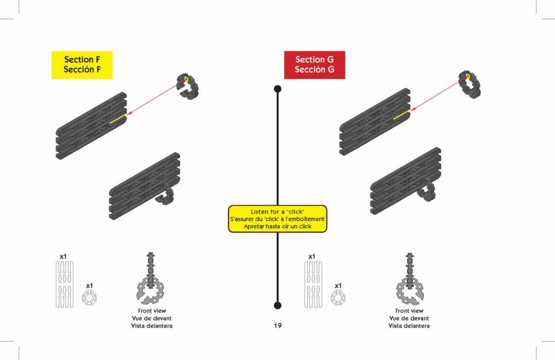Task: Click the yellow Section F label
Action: (82, 65)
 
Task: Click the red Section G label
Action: (314, 65)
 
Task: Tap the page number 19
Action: (277, 326)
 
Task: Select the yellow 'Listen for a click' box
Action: (277, 219)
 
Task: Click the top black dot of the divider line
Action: (277, 89)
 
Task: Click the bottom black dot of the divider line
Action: (277, 305)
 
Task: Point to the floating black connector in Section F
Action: (188, 86)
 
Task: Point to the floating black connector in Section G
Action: (470, 84)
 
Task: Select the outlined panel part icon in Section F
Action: (64, 284)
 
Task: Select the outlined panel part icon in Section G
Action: (313, 284)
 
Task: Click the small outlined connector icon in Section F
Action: (89, 297)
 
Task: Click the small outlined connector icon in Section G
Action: (338, 297)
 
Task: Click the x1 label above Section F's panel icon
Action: (63, 257)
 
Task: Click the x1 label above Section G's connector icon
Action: (338, 286)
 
